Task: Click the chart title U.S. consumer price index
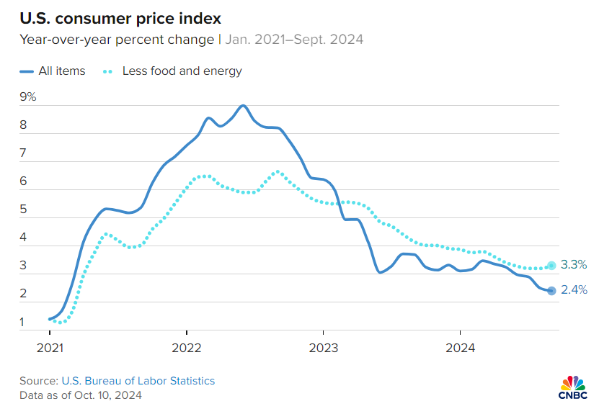click(120, 18)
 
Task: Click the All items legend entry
click(53, 71)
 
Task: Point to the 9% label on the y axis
click(28, 97)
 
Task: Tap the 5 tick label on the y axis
click(23, 209)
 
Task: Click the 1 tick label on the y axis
click(22, 322)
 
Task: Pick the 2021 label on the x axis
click(50, 348)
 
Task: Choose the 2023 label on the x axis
click(324, 348)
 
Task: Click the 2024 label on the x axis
click(461, 348)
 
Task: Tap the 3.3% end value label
click(574, 264)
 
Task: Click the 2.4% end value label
click(574, 290)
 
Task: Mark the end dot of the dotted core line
click(551, 266)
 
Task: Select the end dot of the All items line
click(551, 291)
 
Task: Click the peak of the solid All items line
click(243, 106)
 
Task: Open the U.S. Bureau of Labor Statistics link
click(138, 381)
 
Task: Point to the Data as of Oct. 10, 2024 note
click(81, 395)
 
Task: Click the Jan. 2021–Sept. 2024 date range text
click(294, 40)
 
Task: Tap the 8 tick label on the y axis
click(23, 125)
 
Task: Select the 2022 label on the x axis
click(187, 348)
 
